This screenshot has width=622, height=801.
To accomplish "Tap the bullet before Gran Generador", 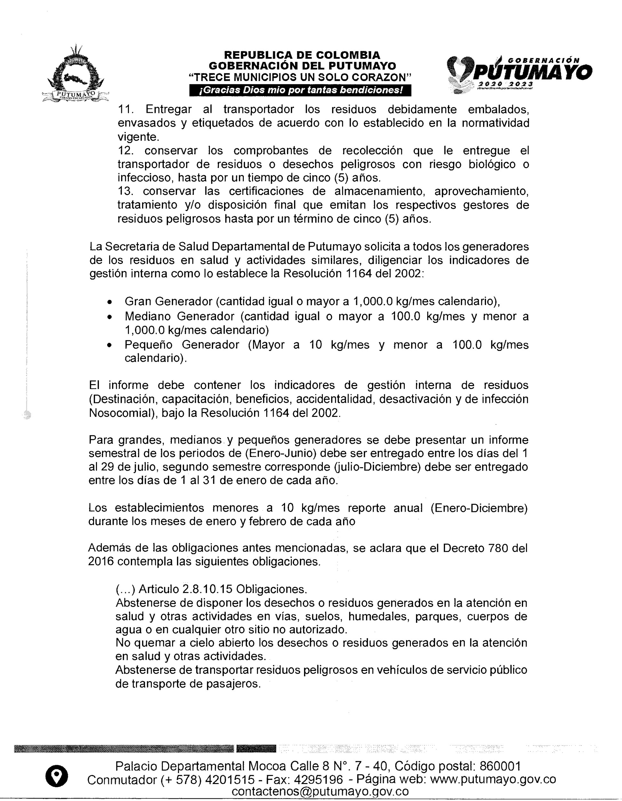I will click(x=109, y=302).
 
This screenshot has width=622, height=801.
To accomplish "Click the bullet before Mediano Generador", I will click(x=109, y=317).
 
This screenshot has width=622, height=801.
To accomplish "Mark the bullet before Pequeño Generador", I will click(x=109, y=345).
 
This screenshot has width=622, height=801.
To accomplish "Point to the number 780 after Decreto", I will click(x=498, y=548).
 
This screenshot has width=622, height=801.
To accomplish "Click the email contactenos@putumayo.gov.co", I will click(x=320, y=791).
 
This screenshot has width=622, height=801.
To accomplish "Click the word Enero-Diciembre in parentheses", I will click(x=479, y=508).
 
